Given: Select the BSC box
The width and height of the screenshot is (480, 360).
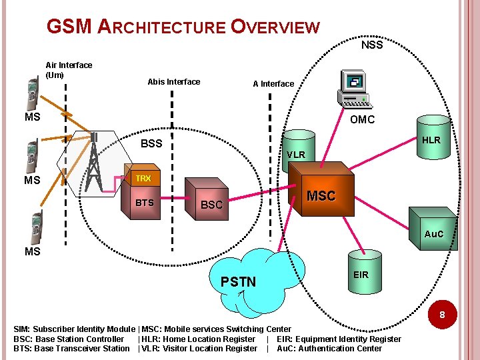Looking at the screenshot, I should (211, 203).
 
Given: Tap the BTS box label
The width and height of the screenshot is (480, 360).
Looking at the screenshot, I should (145, 203).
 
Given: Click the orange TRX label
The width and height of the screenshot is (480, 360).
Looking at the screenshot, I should (143, 179).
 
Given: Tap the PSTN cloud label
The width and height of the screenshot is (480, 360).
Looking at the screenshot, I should (238, 281).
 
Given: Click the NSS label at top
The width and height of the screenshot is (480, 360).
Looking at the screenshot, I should (371, 45).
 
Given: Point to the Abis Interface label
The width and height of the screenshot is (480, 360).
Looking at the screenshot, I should (173, 82).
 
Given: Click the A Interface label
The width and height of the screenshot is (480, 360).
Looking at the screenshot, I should (273, 84).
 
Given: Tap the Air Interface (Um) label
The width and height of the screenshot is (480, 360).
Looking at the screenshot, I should (69, 70).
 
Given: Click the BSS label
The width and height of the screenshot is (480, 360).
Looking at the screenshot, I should (151, 143).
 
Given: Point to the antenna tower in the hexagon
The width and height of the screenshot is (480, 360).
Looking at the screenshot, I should (94, 163).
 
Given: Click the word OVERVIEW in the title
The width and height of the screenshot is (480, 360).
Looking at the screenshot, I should (275, 27).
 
